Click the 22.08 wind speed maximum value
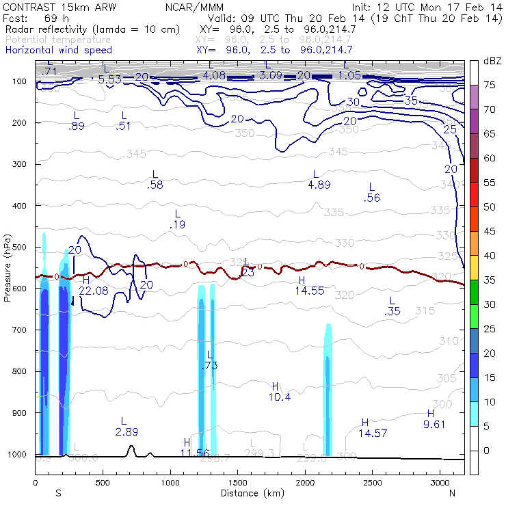(x=94, y=291)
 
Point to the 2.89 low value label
(x=127, y=431)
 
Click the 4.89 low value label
(x=319, y=185)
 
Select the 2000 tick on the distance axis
(x=305, y=483)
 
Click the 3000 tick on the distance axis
(x=440, y=483)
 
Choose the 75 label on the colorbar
(x=490, y=85)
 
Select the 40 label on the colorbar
(x=490, y=256)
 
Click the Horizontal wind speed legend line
(x=59, y=51)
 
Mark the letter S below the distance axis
(x=59, y=493)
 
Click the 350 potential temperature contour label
(x=245, y=133)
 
